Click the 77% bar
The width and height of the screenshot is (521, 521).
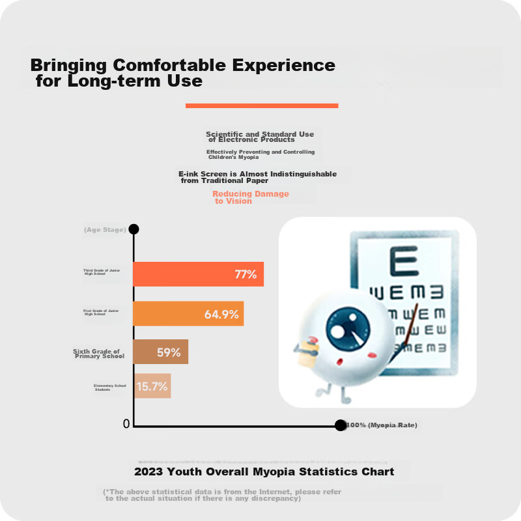pos(198,274)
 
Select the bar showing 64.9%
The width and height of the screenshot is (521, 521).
pos(188,313)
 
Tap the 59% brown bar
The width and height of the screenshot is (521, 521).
pos(160,352)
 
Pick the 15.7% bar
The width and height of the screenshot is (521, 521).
pos(152,386)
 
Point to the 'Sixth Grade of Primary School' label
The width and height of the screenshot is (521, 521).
pos(98,354)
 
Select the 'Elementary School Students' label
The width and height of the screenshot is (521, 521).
pos(109,387)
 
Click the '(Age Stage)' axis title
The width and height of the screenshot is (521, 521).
pos(105,230)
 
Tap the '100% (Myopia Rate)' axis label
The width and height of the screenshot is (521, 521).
pos(382,425)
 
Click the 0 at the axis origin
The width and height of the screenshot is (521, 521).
pos(126,425)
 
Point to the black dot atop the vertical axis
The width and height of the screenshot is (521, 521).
pos(134,229)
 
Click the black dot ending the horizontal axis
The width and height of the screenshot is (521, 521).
pos(340,425)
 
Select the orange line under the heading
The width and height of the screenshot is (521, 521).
pos(262,106)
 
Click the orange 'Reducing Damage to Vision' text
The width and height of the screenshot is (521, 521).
pos(250,197)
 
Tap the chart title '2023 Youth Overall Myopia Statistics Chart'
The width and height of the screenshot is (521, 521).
pos(264,472)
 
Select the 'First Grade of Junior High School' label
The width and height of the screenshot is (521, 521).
pos(101,313)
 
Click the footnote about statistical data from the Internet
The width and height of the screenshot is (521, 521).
pos(221,495)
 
